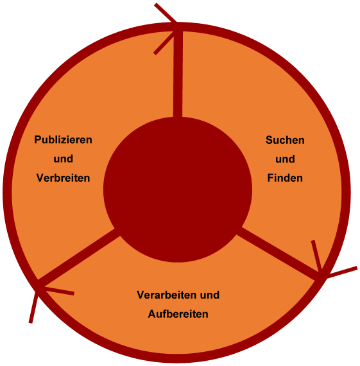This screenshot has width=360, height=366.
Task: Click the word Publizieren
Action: (64, 140)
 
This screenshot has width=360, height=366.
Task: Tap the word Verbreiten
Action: (64, 178)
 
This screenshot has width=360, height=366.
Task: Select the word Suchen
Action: (285, 140)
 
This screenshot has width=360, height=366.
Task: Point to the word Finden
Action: (285, 178)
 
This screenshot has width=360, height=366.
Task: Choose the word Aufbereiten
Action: (178, 314)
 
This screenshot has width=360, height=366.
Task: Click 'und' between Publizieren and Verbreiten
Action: (64, 159)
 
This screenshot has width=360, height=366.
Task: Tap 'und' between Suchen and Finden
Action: (285, 159)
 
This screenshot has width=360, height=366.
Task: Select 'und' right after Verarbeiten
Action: (210, 295)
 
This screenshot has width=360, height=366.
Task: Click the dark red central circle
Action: (178, 189)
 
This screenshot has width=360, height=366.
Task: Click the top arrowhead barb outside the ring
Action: (166, 13)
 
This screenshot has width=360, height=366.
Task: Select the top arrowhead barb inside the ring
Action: (164, 42)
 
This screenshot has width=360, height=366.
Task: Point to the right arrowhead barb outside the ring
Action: (341, 272)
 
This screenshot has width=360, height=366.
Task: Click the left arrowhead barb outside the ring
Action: (33, 306)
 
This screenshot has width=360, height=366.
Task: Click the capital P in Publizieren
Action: (38, 140)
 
